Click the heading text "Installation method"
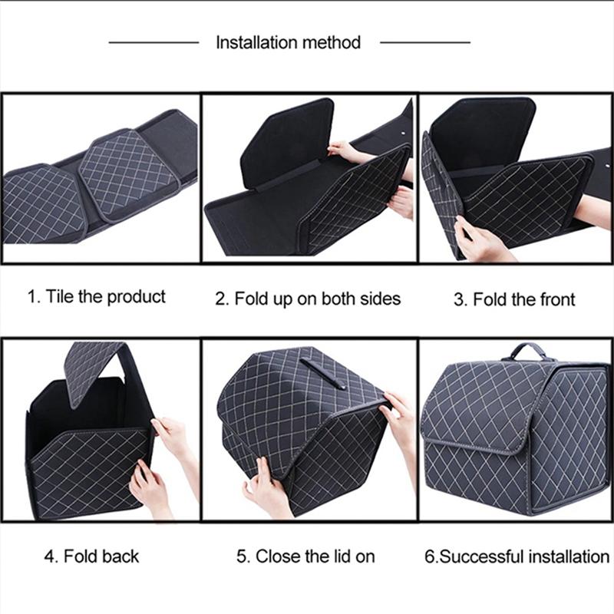(x=288, y=42)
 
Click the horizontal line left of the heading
(x=153, y=42)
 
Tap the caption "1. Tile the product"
(x=97, y=297)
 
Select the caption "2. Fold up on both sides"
(x=307, y=299)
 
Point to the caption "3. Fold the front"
(x=513, y=299)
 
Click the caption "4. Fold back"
(x=91, y=556)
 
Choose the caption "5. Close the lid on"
(x=305, y=556)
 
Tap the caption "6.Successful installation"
(x=517, y=556)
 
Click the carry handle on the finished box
(x=528, y=351)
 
